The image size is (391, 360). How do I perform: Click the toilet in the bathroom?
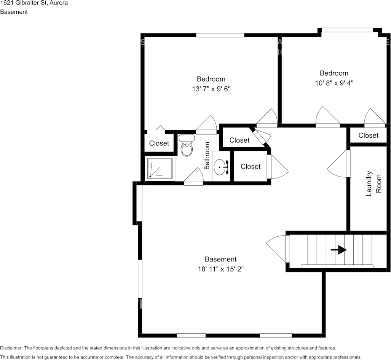click(x=187, y=145)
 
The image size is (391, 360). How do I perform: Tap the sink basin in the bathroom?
click(x=220, y=167)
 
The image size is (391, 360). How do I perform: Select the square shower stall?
click(x=160, y=168)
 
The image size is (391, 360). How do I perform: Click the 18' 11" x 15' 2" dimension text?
click(x=221, y=269)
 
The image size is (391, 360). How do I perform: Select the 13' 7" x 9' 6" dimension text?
click(x=211, y=89)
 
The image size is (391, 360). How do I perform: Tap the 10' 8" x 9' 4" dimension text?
click(x=334, y=83)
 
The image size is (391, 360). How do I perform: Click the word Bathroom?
click(x=207, y=156)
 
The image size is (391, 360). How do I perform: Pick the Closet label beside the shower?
click(x=159, y=143)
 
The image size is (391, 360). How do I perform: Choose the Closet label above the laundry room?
click(x=368, y=135)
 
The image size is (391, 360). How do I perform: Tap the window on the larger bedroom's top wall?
click(x=220, y=35)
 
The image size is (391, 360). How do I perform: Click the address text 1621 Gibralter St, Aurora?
click(x=34, y=3)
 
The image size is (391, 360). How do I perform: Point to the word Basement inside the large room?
click(x=221, y=259)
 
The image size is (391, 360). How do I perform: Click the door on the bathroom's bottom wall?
click(x=194, y=177)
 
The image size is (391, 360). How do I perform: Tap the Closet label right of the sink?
click(x=251, y=167)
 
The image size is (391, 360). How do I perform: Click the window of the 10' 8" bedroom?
click(x=347, y=30)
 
